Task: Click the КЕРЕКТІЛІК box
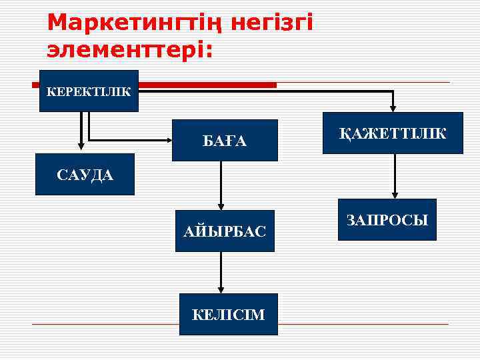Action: [x=89, y=91]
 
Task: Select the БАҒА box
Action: [x=225, y=140]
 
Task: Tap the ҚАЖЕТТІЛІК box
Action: [x=393, y=133]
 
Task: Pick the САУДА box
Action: [x=85, y=175]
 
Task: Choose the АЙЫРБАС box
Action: [x=225, y=231]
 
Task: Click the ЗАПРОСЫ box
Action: [x=387, y=219]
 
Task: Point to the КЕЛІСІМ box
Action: [x=228, y=314]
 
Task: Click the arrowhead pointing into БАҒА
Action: [x=167, y=141]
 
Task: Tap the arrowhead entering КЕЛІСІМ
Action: [x=220, y=289]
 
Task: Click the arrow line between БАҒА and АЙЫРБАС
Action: [x=221, y=180]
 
